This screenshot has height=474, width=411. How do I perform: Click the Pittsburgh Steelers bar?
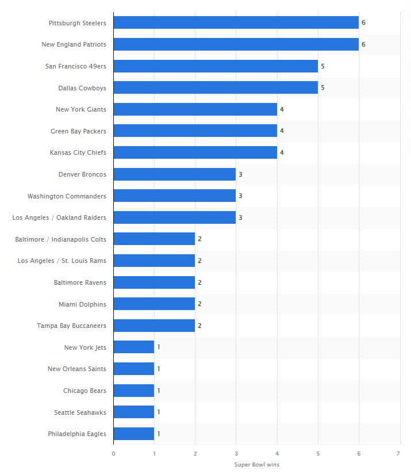coord(236,22)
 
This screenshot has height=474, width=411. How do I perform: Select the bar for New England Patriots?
coord(236,44)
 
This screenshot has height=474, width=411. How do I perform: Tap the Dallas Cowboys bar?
coord(216,87)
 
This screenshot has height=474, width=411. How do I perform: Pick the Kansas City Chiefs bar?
coord(195,152)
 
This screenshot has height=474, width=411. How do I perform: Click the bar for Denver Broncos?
coord(174,174)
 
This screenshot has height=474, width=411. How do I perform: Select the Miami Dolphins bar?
coord(154,304)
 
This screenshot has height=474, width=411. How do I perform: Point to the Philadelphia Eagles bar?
coord(133,434)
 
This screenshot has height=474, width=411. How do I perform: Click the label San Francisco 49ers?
coord(75,66)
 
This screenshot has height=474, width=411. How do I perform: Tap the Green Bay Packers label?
coord(78,131)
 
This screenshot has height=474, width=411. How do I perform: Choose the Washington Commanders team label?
coord(67,196)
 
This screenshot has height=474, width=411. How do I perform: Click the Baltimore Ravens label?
coord(80,282)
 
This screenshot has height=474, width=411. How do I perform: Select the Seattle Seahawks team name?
coord(80,412)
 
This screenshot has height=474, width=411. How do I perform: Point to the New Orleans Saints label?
coord(76,369)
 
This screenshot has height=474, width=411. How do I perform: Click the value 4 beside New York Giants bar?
coord(282,109)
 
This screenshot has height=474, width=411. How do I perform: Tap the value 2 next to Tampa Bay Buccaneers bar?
coord(199,326)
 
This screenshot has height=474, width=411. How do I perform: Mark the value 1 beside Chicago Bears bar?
coord(159,391)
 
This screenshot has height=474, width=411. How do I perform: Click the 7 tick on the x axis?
coord(398,454)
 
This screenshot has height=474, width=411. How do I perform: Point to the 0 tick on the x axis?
coord(113,454)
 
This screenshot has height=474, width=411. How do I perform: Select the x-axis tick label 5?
coord(317,454)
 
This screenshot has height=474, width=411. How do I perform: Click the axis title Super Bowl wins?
coord(256,465)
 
